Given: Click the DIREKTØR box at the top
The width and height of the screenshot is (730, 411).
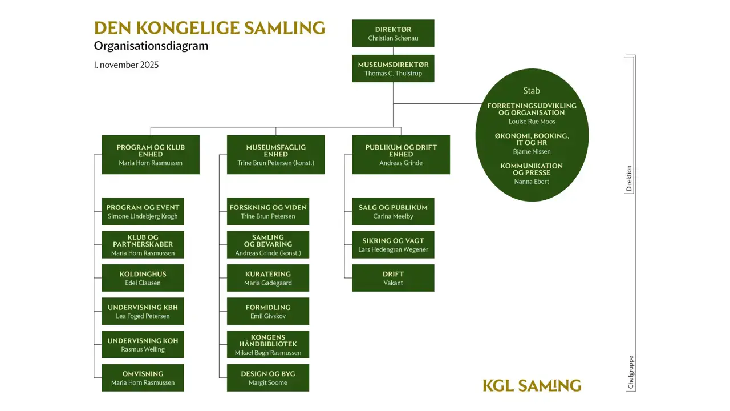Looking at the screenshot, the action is point(393,33).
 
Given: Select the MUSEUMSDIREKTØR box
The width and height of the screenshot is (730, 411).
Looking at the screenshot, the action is point(393,68).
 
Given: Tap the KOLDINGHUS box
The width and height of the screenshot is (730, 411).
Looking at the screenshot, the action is point(143,278).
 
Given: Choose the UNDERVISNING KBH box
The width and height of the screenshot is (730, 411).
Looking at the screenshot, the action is point(143,311).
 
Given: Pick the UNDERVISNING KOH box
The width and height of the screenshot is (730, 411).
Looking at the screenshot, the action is point(143,344).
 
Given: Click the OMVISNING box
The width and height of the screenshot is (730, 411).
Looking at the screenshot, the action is point(143,378).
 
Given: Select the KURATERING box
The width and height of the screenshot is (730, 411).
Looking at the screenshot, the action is point(268,278).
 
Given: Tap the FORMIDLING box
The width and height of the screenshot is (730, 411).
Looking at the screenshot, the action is point(268,311).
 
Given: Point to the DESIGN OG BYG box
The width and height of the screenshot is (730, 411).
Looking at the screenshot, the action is point(268,378).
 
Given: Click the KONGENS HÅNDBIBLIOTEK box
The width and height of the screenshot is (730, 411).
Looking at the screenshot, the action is point(268,344).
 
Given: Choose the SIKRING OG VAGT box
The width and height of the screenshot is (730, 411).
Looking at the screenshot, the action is point(393,245).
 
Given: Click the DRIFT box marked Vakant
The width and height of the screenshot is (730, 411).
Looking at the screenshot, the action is point(393,278).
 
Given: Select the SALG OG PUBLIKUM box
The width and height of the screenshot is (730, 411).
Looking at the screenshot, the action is point(393,211).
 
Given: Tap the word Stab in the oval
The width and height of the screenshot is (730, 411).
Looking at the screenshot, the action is point(532,91).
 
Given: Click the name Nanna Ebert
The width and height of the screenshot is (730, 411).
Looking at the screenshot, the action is point(532,182).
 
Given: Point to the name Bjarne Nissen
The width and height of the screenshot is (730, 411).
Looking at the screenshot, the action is point(532,151).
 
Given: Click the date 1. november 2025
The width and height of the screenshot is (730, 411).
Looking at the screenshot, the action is point(126,65).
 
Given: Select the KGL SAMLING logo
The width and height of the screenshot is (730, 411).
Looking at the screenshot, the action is point(532,385).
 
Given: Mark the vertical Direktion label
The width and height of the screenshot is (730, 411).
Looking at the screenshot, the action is point(629,178).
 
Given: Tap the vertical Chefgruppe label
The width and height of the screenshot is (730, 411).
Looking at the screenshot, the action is point(631,373).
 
